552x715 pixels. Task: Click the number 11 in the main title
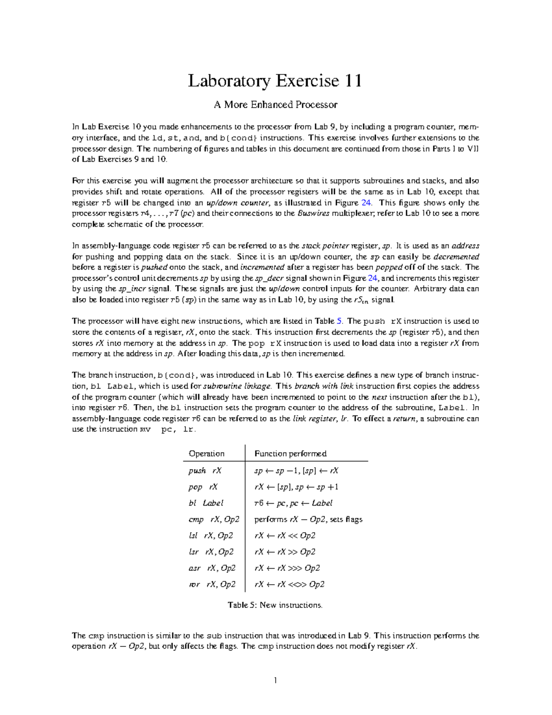coord(352,81)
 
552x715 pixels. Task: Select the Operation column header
coord(207,453)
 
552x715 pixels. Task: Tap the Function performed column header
coord(290,453)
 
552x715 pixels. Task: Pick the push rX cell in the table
coord(205,471)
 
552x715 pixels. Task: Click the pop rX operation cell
coord(203,487)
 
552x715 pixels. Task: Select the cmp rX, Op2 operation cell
coord(213,519)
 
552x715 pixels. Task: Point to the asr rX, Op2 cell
coord(212,568)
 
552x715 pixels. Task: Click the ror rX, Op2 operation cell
coord(212,584)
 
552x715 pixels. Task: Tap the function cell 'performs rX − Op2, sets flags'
coord(308,519)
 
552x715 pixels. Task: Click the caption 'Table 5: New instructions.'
coord(275,605)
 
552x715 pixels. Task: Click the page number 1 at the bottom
coord(276,680)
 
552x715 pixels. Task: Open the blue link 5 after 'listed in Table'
coord(339,321)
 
